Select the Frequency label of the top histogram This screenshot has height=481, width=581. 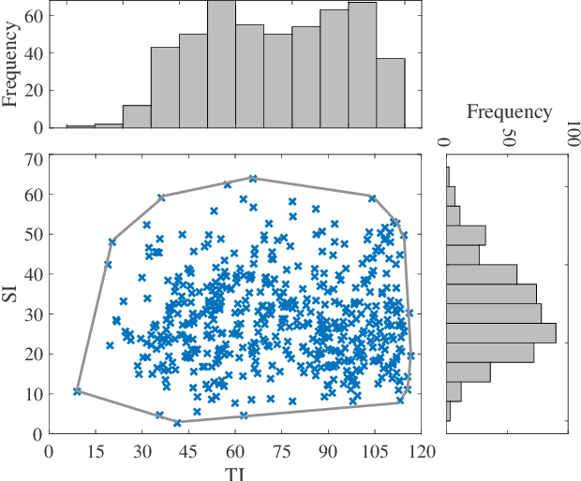(x=12, y=65)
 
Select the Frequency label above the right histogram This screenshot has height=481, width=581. (x=509, y=112)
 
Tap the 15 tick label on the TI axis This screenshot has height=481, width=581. (x=95, y=450)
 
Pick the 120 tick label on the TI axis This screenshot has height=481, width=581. (x=421, y=450)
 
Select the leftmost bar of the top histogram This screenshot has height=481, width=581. (x=81, y=125)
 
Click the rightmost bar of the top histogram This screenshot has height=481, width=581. (x=392, y=93)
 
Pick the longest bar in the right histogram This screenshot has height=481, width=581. (x=501, y=333)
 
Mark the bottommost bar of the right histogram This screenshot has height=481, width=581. (x=449, y=413)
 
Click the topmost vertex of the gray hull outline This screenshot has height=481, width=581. (x=253, y=178)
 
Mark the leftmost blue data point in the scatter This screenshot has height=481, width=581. (x=78, y=391)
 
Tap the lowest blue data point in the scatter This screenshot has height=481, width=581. (x=177, y=423)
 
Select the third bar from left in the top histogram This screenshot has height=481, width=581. (x=137, y=116)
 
